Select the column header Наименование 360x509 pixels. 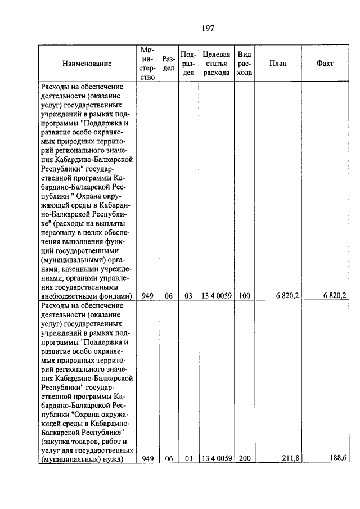pos(87,64)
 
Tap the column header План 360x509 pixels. pos(277,64)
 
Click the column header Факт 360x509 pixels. pos(325,64)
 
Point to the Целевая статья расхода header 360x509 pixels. pos(216,64)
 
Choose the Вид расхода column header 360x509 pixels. pos(244,64)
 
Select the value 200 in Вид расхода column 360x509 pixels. pos(244,458)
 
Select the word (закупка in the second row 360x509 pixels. pos(56,442)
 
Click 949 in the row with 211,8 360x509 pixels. pos(148,458)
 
